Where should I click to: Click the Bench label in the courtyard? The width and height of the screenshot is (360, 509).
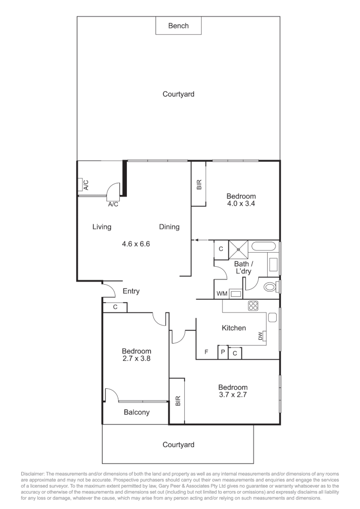coord(178,26)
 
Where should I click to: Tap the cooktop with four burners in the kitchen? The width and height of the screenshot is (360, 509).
coord(254,305)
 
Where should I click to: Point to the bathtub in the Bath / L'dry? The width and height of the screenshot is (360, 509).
coord(264,246)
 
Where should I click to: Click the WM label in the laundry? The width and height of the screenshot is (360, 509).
coord(221,294)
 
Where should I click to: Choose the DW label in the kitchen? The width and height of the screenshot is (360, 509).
coord(261,336)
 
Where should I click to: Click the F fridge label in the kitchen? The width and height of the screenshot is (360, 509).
coord(206,352)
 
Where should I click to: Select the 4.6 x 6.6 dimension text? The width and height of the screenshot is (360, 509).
coord(136,244)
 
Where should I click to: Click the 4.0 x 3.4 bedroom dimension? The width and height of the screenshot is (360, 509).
coord(241,204)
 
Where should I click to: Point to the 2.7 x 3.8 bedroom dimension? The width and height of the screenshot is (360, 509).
coord(136,358)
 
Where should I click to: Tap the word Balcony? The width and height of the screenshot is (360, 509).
coord(137,412)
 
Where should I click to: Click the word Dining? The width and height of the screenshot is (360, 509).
coord(169,227)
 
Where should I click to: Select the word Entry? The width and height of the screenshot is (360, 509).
coord(131,291)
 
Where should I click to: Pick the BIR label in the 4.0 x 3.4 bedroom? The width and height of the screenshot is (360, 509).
coord(198,184)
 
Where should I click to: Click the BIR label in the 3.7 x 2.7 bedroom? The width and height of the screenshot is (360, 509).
coord(177,401)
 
